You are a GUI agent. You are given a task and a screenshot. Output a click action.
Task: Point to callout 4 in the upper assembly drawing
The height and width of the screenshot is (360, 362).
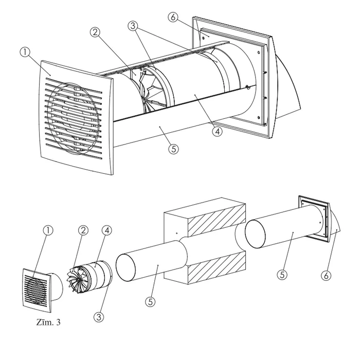click(x=218, y=131)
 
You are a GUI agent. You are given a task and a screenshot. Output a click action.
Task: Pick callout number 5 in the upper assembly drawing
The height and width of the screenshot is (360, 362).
click(x=173, y=149)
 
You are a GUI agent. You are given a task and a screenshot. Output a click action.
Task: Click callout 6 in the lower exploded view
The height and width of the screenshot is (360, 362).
click(x=325, y=275)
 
